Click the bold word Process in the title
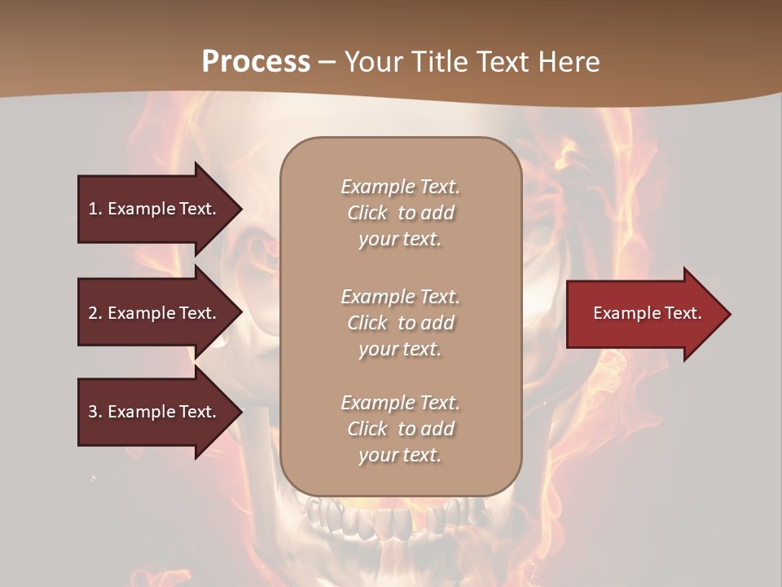point(256,62)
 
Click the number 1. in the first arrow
point(95,209)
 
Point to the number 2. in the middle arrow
point(95,313)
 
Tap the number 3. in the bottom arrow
point(95,412)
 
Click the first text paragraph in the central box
point(400,213)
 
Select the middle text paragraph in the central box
point(400,323)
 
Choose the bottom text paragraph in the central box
point(400,429)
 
